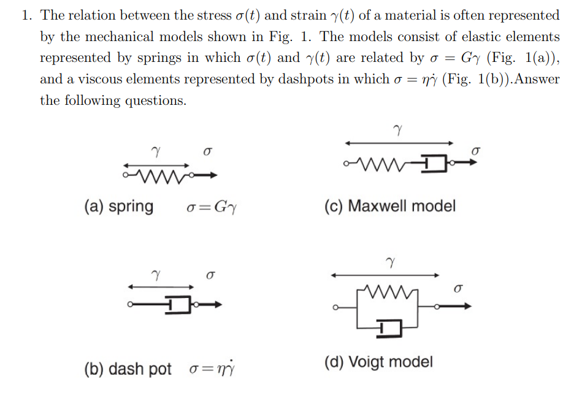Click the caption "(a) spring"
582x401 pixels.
(x=118, y=207)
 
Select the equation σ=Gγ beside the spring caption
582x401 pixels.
(x=212, y=207)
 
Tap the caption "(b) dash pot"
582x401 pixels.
(x=128, y=369)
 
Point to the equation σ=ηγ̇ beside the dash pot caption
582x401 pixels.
(x=212, y=369)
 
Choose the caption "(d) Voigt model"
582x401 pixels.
(x=378, y=362)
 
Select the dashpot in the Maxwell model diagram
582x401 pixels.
(x=435, y=164)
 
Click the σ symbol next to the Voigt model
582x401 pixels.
(x=458, y=288)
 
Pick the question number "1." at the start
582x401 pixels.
(x=26, y=15)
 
